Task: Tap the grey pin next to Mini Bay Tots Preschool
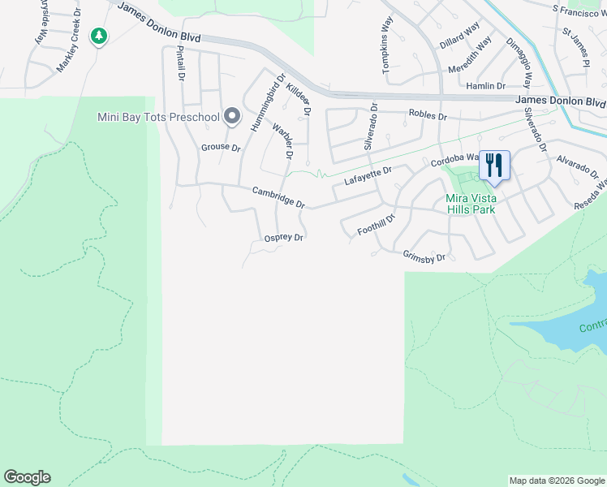pyautogui.click(x=232, y=117)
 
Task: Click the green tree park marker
pyautogui.click(x=99, y=36)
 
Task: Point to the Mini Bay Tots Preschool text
pyautogui.click(x=158, y=117)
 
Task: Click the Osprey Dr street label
pyautogui.click(x=284, y=238)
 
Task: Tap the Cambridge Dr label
pyautogui.click(x=278, y=197)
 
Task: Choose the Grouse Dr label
pyautogui.click(x=221, y=148)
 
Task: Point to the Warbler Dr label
pyautogui.click(x=282, y=140)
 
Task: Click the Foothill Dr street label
pyautogui.click(x=376, y=225)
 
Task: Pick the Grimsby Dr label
pyautogui.click(x=424, y=256)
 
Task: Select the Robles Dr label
pyautogui.click(x=428, y=116)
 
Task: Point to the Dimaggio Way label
pyautogui.click(x=519, y=62)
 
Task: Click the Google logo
pyautogui.click(x=27, y=477)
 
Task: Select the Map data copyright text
pyautogui.click(x=557, y=481)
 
